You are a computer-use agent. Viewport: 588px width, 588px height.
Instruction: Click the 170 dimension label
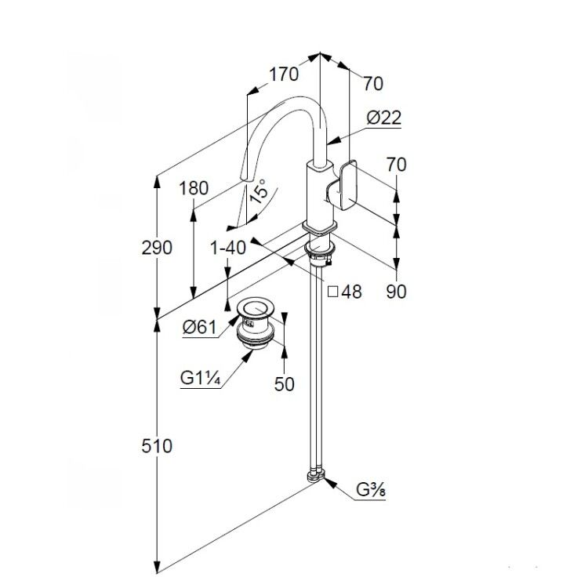click(284, 74)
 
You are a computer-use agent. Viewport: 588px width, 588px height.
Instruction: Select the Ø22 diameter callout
click(383, 118)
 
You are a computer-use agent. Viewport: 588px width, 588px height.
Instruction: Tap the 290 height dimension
click(157, 248)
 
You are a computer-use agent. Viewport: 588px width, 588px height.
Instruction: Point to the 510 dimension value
click(157, 446)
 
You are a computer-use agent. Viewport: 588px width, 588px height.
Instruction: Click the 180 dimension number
click(194, 188)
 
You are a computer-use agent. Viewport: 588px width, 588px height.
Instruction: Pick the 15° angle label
click(259, 191)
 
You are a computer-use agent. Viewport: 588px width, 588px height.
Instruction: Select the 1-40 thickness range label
click(228, 248)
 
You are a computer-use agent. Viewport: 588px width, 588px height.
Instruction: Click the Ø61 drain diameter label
click(199, 327)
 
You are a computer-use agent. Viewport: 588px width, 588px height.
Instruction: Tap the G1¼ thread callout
click(200, 378)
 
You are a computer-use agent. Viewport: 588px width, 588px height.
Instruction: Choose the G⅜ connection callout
click(371, 489)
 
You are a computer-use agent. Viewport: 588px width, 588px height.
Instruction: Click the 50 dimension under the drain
click(285, 384)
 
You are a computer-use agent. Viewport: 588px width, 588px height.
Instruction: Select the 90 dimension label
click(397, 292)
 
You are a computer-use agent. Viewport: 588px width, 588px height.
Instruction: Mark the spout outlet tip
click(244, 180)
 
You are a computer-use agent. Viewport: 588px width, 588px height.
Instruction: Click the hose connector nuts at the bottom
click(316, 475)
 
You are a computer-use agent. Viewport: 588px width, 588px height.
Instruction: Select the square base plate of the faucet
click(320, 228)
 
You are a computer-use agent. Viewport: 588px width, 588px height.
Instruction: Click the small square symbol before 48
click(333, 292)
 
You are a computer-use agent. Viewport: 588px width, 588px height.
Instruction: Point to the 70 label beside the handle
click(397, 165)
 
